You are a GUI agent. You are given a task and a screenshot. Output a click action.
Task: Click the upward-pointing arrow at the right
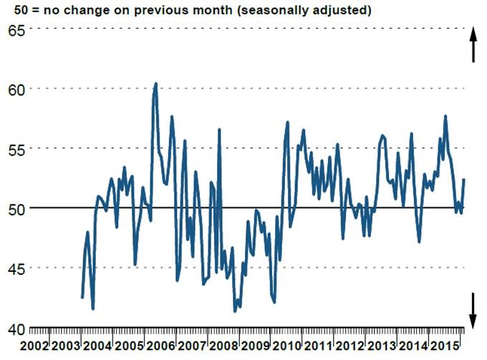click(473, 44)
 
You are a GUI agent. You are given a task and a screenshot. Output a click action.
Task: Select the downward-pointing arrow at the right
click(473, 310)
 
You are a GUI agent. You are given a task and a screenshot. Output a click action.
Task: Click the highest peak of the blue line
click(155, 84)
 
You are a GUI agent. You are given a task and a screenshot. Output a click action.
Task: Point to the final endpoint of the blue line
click(464, 179)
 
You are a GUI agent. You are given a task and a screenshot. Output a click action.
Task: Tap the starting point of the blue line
click(82, 297)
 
